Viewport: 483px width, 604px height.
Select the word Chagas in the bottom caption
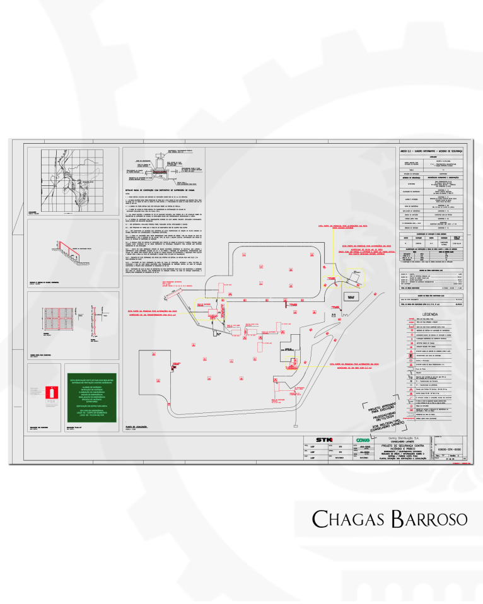344,518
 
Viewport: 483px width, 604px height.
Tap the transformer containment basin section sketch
165,167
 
